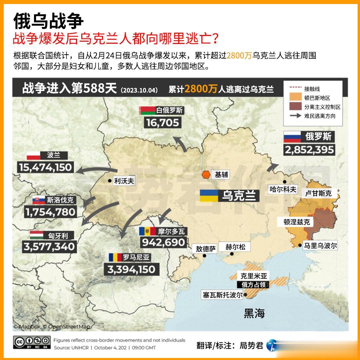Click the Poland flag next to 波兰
pos(33,155)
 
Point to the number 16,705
pos(163,123)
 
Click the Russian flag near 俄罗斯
pos(292,136)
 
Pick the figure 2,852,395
pos(309,150)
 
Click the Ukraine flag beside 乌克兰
pos(209,196)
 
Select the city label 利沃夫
pos(124,181)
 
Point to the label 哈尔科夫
pos(283,189)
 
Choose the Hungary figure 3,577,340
pos(49,247)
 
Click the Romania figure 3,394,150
pos(131,269)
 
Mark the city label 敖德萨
pos(206,249)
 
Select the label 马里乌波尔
pos(320,246)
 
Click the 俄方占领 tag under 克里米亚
pos(254,285)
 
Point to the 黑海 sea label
pos(254,313)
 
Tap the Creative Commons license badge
pos(32,342)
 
